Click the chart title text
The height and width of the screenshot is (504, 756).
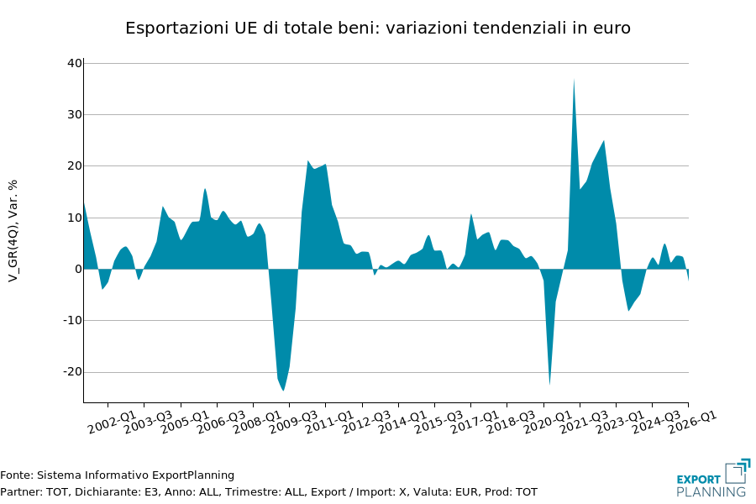pos(377,29)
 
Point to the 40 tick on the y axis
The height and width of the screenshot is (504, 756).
pos(75,63)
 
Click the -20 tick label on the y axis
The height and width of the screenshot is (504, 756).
pos(72,372)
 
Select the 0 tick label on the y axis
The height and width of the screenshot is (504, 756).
pos(78,269)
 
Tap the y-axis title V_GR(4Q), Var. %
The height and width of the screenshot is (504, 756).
pos(13,230)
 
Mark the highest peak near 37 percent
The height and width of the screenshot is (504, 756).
pos(574,80)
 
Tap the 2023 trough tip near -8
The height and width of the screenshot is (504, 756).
pos(628,311)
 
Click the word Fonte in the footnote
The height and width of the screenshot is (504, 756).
pos(15,475)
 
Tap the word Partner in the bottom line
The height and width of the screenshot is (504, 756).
pos(19,492)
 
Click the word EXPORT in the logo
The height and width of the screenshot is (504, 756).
pos(698,480)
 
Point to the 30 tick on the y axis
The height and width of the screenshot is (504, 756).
pos(75,114)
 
